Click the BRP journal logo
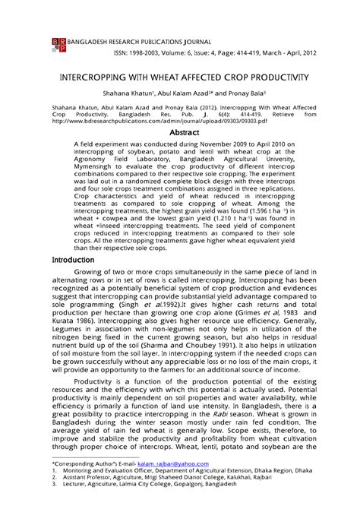pos(58,43)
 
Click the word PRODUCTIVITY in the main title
pos(275,78)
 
